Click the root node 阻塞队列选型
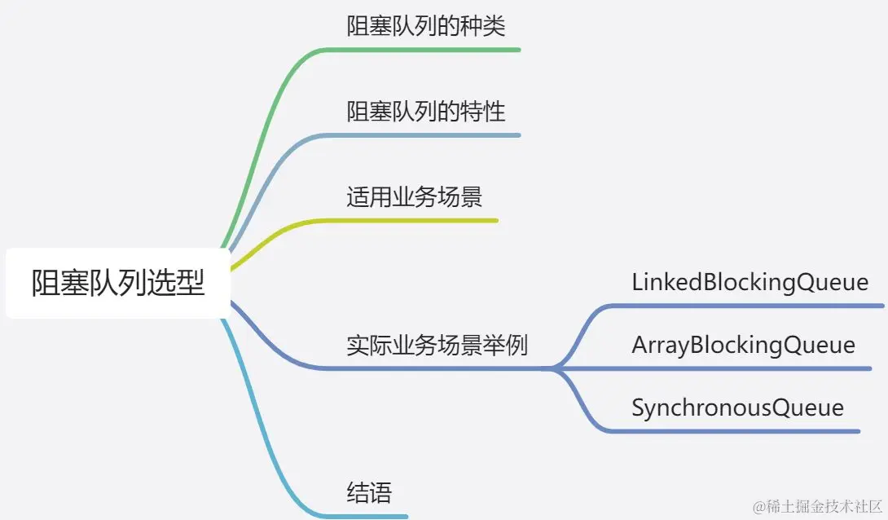118,283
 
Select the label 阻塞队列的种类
426,26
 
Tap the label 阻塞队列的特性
426,112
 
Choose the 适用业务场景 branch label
414,197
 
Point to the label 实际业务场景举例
437,345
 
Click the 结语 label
369,493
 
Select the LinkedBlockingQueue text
750,282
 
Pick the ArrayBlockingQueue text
743,345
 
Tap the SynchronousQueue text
737,408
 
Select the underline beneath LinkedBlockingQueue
750,306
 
